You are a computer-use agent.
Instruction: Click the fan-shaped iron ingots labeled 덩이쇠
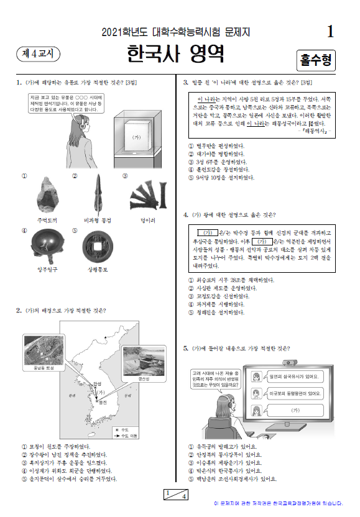coord(149,196)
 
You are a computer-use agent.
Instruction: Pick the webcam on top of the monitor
coord(288,362)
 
